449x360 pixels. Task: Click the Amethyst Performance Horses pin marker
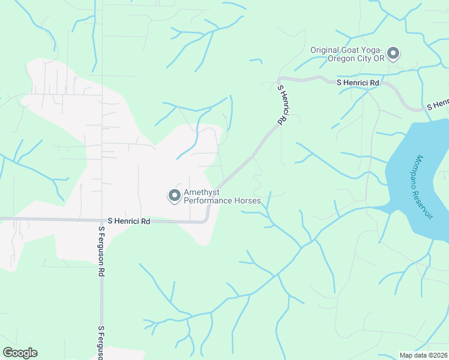(174, 196)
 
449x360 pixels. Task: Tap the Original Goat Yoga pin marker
(393, 54)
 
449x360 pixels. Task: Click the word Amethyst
(202, 192)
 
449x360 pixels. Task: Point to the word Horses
(249, 200)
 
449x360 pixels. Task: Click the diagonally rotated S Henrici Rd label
(281, 104)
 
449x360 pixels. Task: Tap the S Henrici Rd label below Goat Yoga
(358, 82)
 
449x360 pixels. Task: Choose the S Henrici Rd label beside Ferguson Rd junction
(129, 221)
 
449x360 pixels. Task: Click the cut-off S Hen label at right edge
(438, 104)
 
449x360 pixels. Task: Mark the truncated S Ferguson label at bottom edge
(101, 343)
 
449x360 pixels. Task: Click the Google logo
(20, 353)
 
